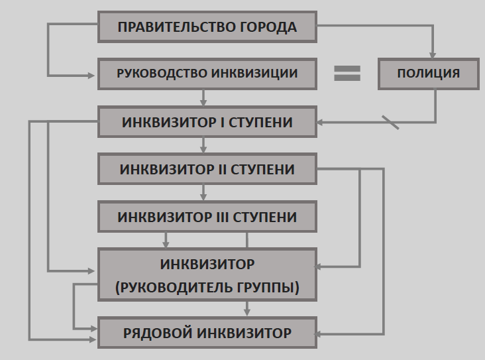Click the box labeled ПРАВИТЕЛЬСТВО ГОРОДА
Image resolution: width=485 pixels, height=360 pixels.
point(207,27)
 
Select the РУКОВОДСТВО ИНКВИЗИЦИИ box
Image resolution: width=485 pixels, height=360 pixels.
point(207,74)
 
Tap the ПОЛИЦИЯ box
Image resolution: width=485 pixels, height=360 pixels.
point(428,74)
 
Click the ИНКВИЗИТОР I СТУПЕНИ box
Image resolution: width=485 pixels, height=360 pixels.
point(207,123)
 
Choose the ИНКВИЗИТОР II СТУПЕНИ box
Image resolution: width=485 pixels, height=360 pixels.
point(207,169)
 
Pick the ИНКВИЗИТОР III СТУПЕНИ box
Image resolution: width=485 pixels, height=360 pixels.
point(207,217)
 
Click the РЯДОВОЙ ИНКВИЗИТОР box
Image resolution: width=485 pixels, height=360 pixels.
point(207,333)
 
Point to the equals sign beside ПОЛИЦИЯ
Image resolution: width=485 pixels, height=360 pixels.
point(347,73)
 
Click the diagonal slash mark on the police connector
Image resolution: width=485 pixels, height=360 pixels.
point(390,122)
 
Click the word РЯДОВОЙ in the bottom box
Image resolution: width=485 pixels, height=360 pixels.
point(156,333)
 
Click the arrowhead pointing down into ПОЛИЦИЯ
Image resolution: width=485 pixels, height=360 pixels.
point(434,55)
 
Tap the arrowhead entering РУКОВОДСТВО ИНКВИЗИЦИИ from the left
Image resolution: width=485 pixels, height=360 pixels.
point(94,74)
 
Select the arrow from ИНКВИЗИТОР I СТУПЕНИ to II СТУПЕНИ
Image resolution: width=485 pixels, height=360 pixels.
point(204,145)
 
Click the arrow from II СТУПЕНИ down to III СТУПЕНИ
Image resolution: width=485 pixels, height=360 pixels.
point(204,192)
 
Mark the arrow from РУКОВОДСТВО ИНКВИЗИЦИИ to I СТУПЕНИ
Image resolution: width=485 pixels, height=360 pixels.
point(204,98)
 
